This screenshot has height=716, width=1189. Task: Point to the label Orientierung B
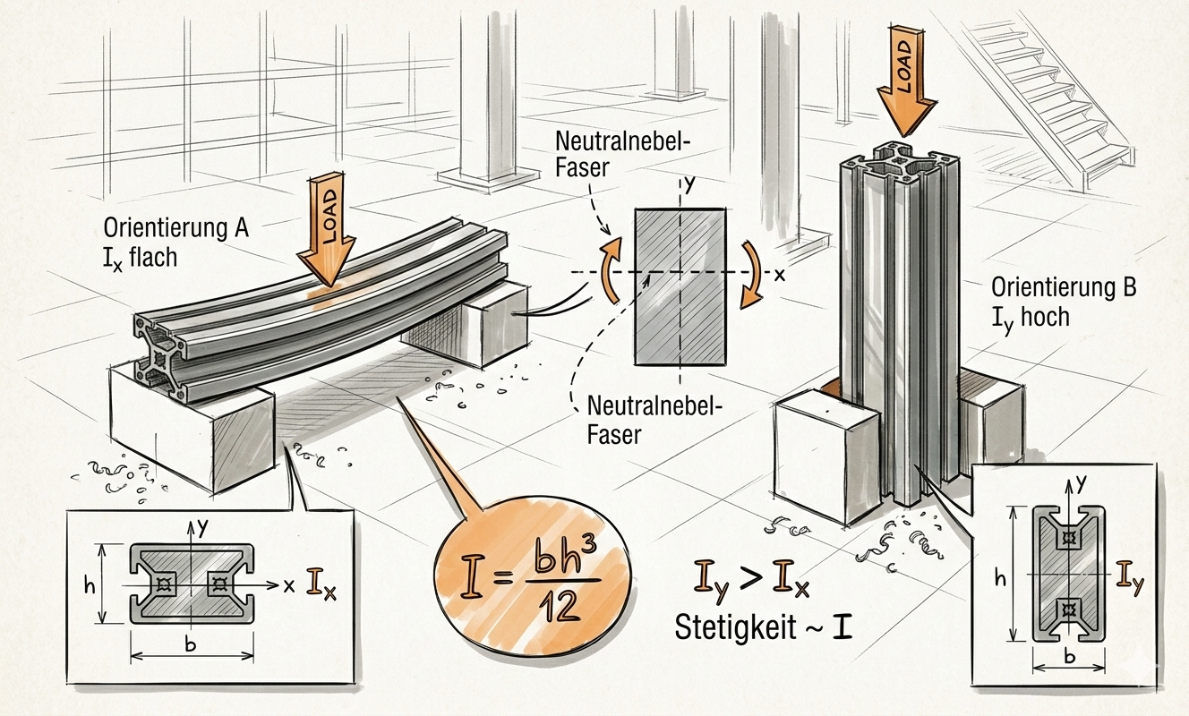1064,288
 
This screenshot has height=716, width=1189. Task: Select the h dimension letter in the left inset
88,585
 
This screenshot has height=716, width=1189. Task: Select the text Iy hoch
1030,315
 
